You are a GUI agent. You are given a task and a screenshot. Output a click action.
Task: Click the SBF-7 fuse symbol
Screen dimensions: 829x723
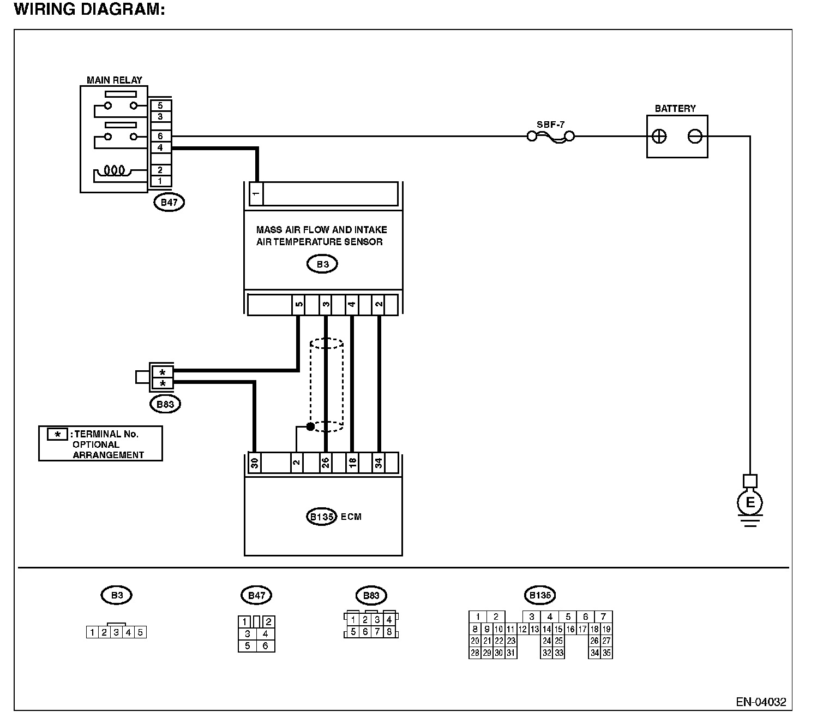click(551, 137)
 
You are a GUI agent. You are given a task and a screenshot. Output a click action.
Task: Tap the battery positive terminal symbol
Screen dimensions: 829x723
click(659, 137)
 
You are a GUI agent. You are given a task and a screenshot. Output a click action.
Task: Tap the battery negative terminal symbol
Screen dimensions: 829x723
click(695, 137)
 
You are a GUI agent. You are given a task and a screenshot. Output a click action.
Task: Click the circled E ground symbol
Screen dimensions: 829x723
click(750, 503)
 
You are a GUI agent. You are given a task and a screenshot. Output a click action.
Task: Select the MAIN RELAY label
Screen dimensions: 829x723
click(115, 80)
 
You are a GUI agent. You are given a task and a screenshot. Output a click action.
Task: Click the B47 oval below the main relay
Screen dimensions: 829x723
click(169, 202)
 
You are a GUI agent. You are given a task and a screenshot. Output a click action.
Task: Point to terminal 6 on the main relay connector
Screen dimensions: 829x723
click(160, 136)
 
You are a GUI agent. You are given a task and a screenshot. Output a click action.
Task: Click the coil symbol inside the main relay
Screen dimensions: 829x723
click(115, 170)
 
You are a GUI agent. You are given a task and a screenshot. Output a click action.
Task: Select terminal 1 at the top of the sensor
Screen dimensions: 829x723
click(256, 193)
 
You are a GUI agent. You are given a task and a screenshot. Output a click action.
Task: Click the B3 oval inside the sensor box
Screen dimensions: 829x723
click(322, 264)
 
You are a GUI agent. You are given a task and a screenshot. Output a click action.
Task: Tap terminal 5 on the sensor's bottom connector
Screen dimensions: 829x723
click(299, 304)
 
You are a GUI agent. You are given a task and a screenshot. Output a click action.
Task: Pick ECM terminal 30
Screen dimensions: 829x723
click(255, 463)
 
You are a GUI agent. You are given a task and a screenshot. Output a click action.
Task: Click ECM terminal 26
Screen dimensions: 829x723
click(326, 463)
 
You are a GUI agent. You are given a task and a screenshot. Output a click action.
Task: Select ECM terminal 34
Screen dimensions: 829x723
click(379, 463)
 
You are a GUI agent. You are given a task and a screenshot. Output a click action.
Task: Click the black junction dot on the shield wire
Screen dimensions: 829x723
click(310, 426)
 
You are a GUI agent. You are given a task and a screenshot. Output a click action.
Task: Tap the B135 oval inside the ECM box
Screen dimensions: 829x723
click(321, 517)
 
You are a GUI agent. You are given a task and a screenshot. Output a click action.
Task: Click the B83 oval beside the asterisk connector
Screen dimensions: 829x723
click(165, 404)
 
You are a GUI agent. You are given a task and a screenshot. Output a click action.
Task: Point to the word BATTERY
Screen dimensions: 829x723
click(675, 108)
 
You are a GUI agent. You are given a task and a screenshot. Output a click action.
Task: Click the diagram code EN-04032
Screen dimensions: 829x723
click(761, 702)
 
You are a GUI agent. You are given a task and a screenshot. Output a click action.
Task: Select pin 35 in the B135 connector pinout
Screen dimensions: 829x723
click(606, 653)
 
